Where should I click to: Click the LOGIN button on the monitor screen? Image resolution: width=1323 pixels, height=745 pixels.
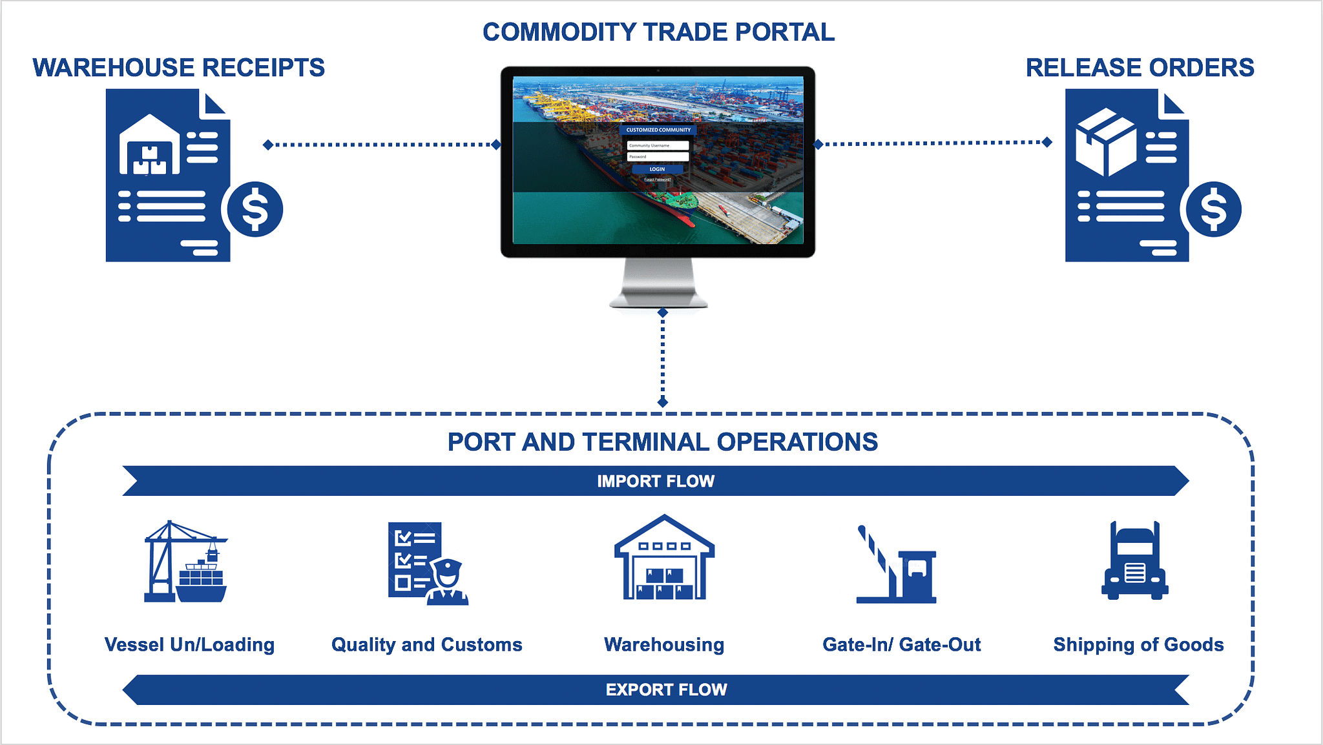click(657, 169)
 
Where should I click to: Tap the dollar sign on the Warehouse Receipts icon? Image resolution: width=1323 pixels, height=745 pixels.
click(255, 209)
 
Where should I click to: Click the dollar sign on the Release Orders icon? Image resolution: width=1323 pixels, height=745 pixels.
click(1213, 209)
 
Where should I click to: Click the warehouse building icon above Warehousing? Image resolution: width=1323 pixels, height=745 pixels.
click(664, 558)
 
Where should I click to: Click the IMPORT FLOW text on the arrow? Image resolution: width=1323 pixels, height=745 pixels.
click(656, 481)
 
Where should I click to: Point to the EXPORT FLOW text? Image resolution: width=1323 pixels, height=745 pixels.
click(666, 689)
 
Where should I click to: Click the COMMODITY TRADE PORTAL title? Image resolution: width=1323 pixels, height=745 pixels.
click(658, 32)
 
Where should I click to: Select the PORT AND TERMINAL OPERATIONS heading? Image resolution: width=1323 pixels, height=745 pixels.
click(662, 442)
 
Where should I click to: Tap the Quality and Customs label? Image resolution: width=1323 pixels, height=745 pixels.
click(426, 644)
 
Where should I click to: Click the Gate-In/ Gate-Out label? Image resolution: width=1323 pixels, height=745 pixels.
click(901, 644)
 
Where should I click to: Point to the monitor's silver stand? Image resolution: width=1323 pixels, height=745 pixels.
click(658, 284)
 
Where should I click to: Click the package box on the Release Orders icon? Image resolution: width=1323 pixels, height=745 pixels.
click(1105, 141)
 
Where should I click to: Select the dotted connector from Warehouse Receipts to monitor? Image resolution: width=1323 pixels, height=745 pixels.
click(381, 145)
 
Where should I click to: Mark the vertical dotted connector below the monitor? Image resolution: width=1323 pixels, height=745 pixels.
click(663, 357)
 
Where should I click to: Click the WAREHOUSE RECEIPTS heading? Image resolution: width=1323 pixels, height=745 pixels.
click(178, 68)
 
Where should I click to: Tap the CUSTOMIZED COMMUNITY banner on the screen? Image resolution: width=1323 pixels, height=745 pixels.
click(658, 130)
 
